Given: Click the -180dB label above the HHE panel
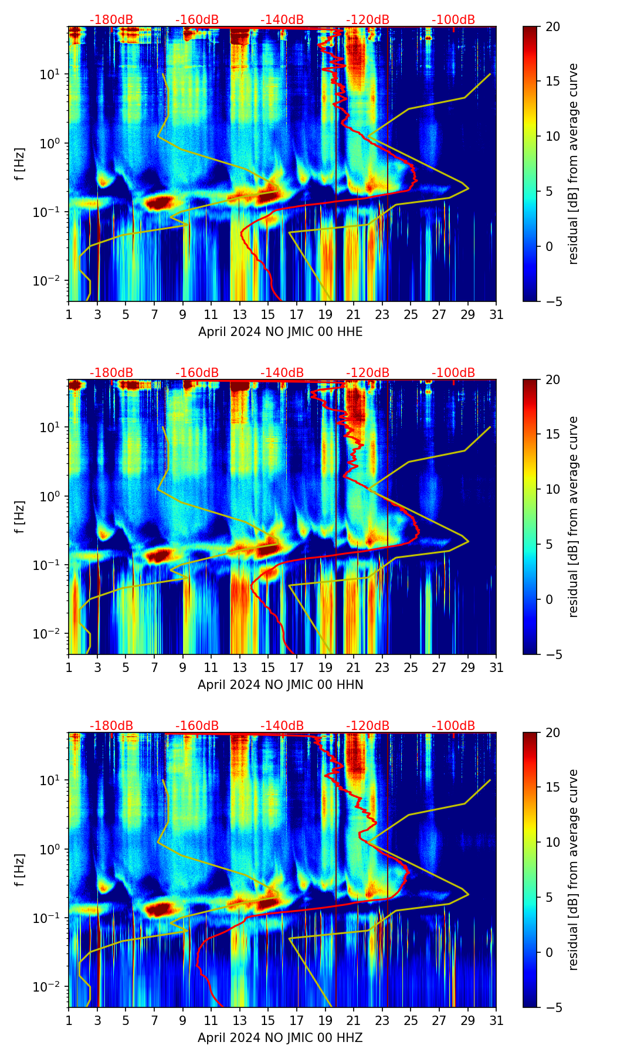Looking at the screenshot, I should pyautogui.click(x=111, y=20).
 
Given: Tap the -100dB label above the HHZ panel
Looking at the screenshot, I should pyautogui.click(x=453, y=726).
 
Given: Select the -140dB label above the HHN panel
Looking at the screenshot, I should pyautogui.click(x=282, y=373).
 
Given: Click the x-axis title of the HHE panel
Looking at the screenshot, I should pyautogui.click(x=280, y=332).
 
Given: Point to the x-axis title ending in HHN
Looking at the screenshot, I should pyautogui.click(x=280, y=685).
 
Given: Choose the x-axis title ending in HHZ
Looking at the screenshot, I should pyautogui.click(x=280, y=1038).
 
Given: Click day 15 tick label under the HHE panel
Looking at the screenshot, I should pyautogui.click(x=268, y=315).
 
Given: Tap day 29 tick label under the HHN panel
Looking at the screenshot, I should pyautogui.click(x=467, y=668).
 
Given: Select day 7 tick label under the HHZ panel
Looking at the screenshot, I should pyautogui.click(x=154, y=1021).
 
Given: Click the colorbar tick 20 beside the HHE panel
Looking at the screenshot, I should pyautogui.click(x=552, y=27).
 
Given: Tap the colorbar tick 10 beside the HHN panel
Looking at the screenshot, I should pyautogui.click(x=552, y=489).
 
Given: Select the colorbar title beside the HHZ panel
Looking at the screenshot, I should pyautogui.click(x=574, y=870).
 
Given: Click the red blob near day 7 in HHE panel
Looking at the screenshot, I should pyautogui.click(x=159, y=203).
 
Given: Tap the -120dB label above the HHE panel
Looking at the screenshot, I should pyautogui.click(x=368, y=20).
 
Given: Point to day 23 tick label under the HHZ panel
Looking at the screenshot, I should pyautogui.click(x=382, y=1021).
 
